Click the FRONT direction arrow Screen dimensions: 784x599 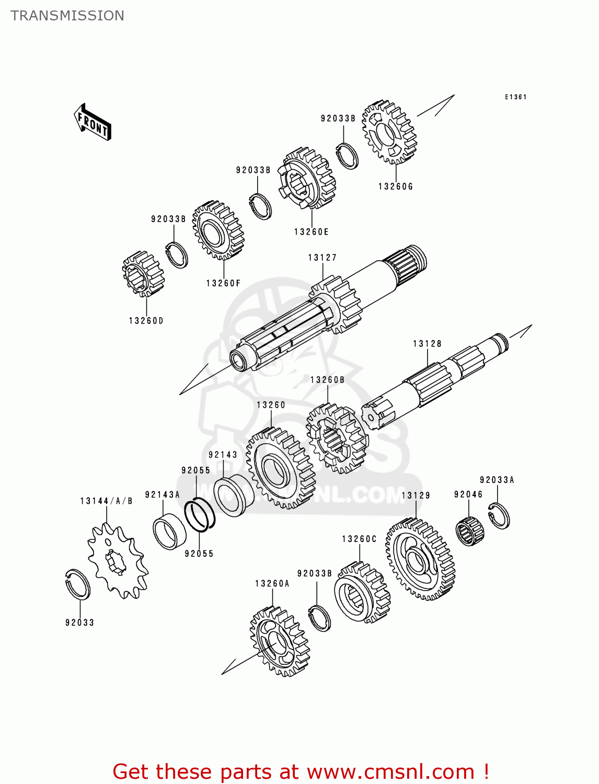tap(93, 122)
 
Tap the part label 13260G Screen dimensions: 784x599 tap(395, 187)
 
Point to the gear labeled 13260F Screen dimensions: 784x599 tap(218, 230)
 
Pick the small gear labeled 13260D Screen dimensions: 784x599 tap(143, 274)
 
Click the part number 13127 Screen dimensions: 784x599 tap(322, 258)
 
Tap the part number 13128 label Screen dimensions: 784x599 tap(427, 343)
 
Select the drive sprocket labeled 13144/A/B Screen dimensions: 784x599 tap(117, 562)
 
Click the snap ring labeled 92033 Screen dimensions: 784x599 tap(78, 584)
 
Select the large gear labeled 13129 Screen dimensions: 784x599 tap(420, 559)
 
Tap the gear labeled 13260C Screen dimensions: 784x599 tap(362, 593)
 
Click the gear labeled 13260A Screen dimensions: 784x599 tap(280, 641)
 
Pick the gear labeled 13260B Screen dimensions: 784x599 tap(337, 439)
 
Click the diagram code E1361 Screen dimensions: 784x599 tap(515, 97)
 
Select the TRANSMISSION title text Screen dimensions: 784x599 tap(67, 16)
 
